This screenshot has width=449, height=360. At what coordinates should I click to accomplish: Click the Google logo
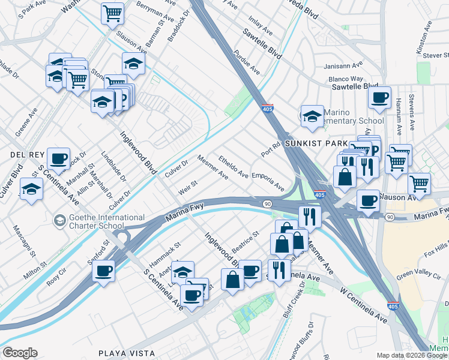point(19,353)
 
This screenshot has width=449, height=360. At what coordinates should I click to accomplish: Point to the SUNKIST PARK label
point(316,144)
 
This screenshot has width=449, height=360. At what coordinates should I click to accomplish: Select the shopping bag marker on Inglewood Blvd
point(232,278)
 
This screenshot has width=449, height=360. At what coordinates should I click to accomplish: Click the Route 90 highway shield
point(267,205)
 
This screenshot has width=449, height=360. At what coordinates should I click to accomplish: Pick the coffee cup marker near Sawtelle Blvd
point(379,97)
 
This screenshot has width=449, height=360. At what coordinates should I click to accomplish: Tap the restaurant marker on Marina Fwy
point(309,216)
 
